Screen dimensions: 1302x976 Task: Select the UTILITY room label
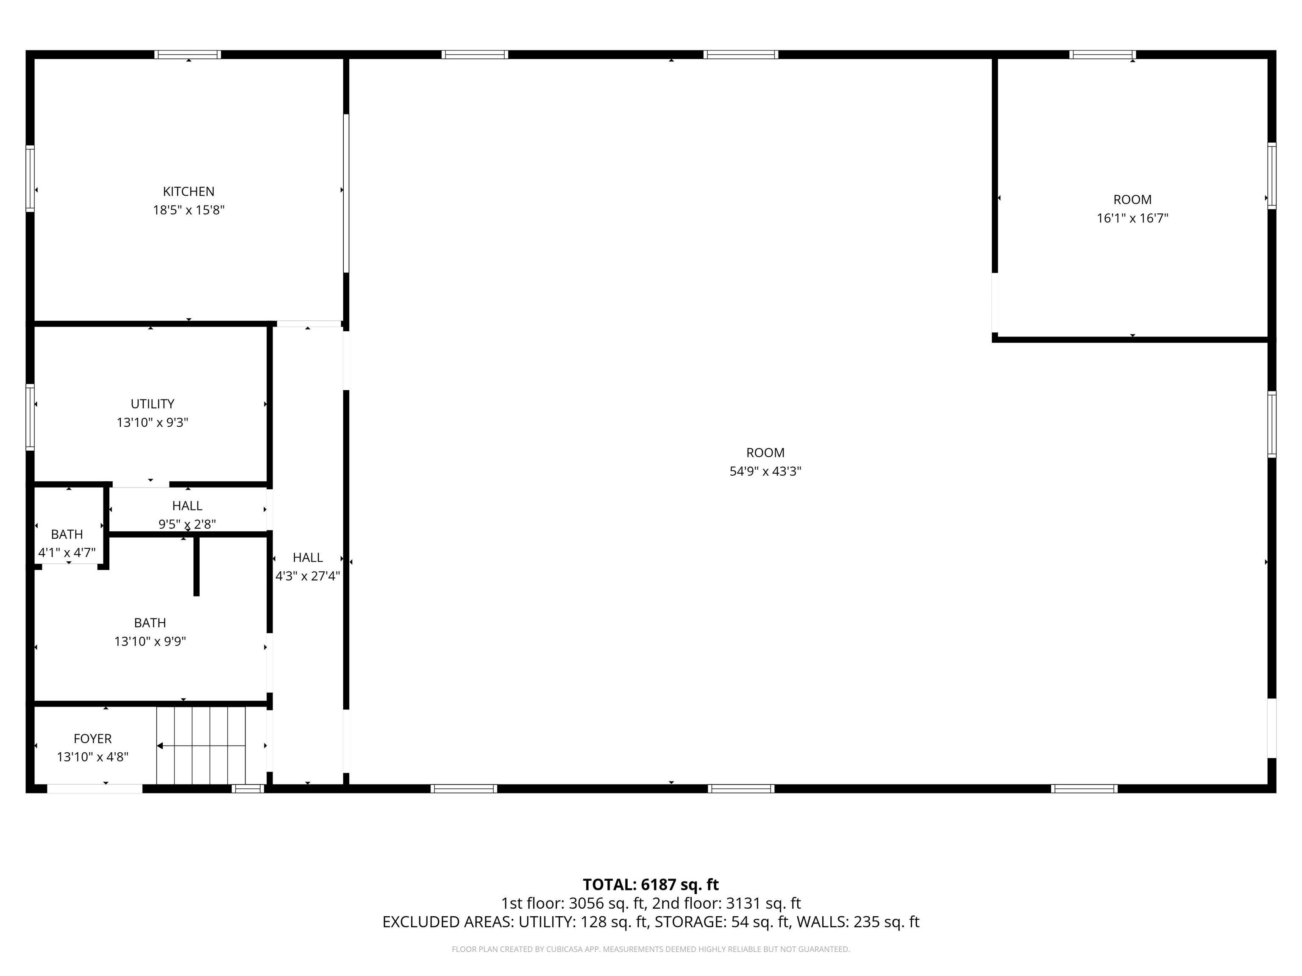tap(153, 404)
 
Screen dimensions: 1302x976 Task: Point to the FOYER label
tap(92, 738)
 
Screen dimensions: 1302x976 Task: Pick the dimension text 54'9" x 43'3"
tap(765, 471)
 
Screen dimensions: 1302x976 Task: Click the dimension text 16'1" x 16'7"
tap(1132, 218)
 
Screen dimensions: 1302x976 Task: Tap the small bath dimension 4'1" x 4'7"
tap(67, 553)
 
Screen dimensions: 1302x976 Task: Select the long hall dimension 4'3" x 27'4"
tap(308, 576)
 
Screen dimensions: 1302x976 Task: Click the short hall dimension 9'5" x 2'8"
tap(187, 524)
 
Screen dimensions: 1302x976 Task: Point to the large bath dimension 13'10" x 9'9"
tap(150, 641)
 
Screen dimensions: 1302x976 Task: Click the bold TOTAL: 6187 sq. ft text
tap(651, 885)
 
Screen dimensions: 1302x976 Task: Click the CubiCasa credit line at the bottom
tap(651, 949)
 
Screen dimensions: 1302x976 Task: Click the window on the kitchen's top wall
tap(188, 55)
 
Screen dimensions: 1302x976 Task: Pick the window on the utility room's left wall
tap(30, 417)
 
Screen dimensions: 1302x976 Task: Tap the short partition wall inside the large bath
tap(197, 566)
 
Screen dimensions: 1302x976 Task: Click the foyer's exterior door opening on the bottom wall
tap(95, 789)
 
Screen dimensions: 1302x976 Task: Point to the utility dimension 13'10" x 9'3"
tap(153, 422)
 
